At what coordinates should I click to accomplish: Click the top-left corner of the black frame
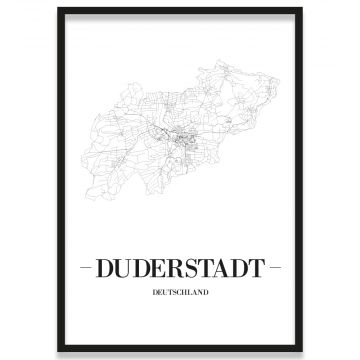[x=58, y=9]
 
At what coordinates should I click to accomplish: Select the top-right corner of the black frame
[x=302, y=9]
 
